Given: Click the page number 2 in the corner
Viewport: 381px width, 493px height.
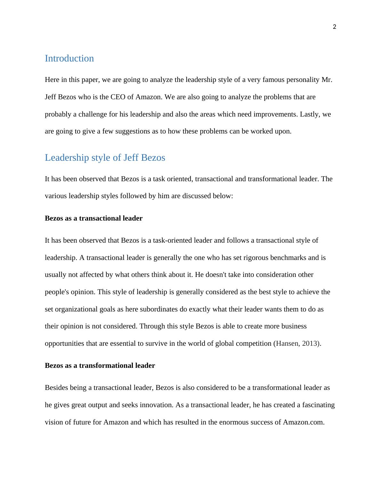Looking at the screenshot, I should pos(335,27).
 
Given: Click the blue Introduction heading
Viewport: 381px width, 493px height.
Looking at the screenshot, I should pos(69,58).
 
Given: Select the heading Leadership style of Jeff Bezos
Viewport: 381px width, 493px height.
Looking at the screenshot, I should pos(105,158).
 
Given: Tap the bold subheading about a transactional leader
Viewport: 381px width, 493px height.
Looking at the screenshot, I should pos(93,218).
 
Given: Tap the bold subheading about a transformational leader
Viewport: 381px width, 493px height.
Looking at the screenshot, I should pos(100,366).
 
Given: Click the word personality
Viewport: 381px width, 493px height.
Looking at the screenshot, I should pos(304,80).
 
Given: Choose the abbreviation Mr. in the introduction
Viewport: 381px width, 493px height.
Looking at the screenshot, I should pos(327,80).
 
